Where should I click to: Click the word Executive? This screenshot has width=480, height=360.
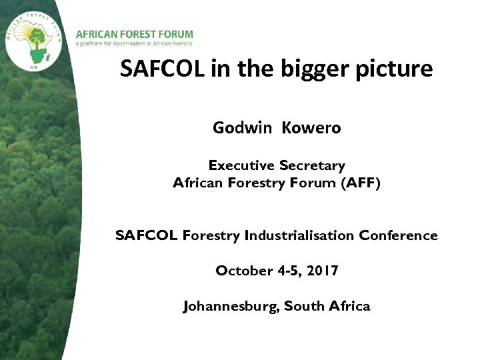241,165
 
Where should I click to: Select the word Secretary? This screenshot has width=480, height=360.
312,165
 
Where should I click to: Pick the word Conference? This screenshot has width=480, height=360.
399,235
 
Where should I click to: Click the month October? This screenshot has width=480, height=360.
244,271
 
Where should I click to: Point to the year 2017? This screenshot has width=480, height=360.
323,271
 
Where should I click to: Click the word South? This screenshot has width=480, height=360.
305,306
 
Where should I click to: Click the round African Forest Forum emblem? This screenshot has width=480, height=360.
35,39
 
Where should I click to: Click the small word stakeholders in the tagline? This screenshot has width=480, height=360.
130,43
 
